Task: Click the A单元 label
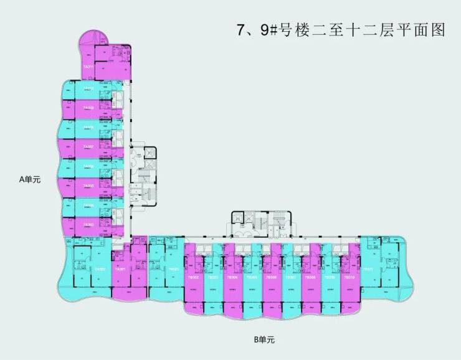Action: click(x=29, y=180)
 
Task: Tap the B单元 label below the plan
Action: click(x=264, y=339)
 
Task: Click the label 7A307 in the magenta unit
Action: click(x=88, y=147)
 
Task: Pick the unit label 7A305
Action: click(x=88, y=186)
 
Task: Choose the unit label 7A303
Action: click(x=88, y=224)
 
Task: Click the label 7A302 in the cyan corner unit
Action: click(x=99, y=269)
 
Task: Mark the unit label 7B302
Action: click(x=194, y=278)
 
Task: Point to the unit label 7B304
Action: click(x=233, y=278)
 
